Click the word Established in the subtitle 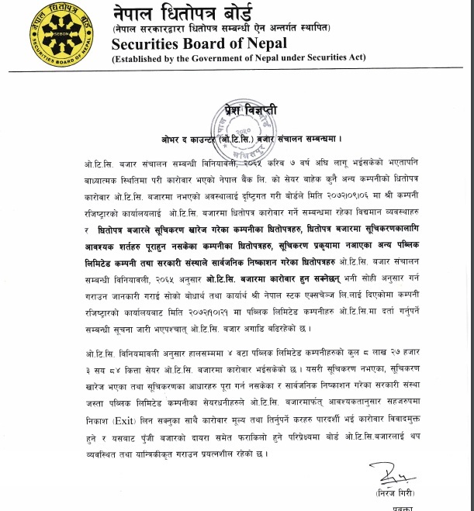point(141,60)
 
